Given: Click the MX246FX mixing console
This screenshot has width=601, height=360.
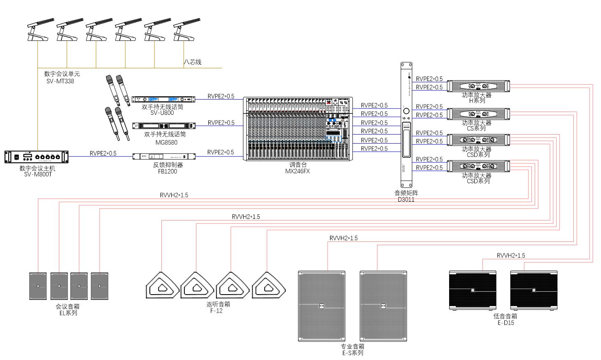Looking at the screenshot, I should (298, 129).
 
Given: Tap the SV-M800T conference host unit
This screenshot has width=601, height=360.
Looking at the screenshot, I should (36, 157).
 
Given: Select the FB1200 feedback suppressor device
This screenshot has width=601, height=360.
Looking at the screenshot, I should (164, 156).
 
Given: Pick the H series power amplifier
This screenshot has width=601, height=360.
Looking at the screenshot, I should (478, 86).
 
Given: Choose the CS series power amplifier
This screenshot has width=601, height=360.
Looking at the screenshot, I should (478, 114).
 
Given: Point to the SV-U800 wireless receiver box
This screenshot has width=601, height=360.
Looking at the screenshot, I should (163, 99).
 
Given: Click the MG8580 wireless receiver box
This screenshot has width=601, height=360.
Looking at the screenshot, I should (164, 125).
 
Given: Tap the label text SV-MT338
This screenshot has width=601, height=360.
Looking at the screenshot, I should (60, 81).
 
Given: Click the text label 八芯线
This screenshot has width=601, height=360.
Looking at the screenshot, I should (193, 62).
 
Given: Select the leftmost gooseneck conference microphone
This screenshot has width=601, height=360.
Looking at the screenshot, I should (40, 30).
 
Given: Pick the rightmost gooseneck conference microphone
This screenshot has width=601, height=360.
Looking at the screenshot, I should (186, 30).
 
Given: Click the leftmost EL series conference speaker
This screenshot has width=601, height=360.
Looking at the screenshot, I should (38, 286).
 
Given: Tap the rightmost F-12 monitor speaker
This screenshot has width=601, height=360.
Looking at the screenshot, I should (268, 286).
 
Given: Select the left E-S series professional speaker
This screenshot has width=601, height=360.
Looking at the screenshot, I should (321, 306).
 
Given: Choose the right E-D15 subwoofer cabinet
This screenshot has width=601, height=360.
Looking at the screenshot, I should (533, 290).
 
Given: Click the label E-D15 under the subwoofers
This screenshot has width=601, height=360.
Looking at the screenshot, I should (505, 323).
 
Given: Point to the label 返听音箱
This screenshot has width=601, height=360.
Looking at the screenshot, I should (218, 304).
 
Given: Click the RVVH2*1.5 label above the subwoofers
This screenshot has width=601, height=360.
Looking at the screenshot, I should (510, 255).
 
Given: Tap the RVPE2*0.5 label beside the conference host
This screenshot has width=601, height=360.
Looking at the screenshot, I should (103, 153).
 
